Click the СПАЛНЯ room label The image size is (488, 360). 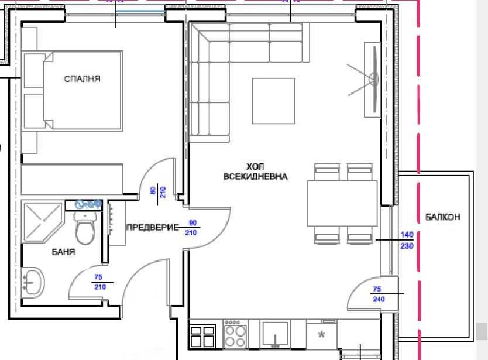pos(82,78)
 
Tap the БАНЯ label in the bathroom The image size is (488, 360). pos(63,252)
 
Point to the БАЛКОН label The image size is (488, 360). pos(443,217)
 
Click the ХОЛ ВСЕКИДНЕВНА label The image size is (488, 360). pos(255,172)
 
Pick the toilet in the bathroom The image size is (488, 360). pos(85,228)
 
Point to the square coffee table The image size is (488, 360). pos(274,101)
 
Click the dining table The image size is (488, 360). pos(343,203)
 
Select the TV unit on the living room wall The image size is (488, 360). pos(372,79)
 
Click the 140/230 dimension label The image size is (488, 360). pos(407,241)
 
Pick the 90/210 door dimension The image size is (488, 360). pos(191,228)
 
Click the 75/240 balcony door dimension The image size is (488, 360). pos(377,294)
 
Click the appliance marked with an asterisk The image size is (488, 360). pos(321,335)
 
